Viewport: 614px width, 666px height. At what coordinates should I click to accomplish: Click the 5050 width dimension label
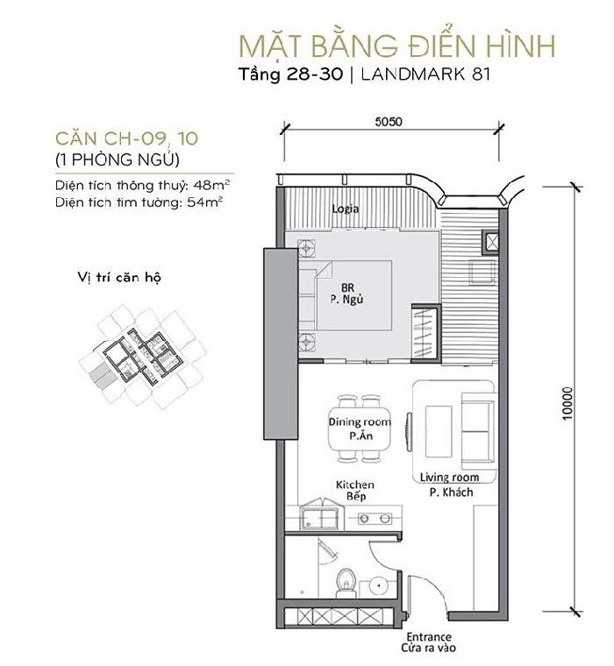[x=389, y=122]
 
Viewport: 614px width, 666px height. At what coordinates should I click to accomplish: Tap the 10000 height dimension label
[x=568, y=402]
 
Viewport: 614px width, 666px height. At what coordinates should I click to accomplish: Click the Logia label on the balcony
[x=346, y=209]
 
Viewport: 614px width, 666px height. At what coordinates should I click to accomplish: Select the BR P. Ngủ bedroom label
[x=346, y=294]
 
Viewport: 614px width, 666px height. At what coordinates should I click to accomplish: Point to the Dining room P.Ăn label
[x=360, y=429]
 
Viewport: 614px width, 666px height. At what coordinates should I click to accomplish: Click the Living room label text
[x=449, y=478]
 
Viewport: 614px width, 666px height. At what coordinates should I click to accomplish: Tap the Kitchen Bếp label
[x=355, y=490]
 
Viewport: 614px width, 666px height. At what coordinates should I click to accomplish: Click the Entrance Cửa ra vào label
[x=428, y=642]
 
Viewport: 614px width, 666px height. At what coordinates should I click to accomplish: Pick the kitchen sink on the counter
[x=321, y=517]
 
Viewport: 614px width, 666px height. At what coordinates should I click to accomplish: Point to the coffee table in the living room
[x=439, y=431]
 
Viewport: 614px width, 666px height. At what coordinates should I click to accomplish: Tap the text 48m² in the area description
[x=211, y=185]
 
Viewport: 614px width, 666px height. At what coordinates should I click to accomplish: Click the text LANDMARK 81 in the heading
[x=425, y=74]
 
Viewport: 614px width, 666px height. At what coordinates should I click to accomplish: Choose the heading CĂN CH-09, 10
[x=127, y=138]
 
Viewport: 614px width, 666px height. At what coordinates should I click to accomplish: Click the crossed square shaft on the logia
[x=490, y=242]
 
